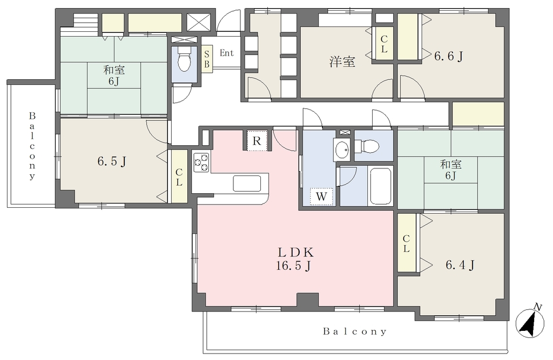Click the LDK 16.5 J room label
[x=294, y=259]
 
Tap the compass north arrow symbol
[x=530, y=322]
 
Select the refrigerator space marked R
[x=257, y=141]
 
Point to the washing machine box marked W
[x=321, y=196]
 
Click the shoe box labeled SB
[x=207, y=59]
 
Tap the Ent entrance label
[x=227, y=53]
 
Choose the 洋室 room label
[x=342, y=62]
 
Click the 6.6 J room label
[x=448, y=56]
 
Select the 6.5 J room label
[x=112, y=161]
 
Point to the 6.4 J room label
[x=460, y=264]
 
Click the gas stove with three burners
[x=201, y=162]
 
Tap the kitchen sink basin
[x=247, y=184]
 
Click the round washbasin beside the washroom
[x=341, y=150]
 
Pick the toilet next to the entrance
[x=184, y=59]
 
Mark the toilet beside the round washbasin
[x=367, y=145]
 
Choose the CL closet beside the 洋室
[x=384, y=44]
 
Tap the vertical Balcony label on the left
[x=32, y=146]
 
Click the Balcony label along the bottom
[x=355, y=331]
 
